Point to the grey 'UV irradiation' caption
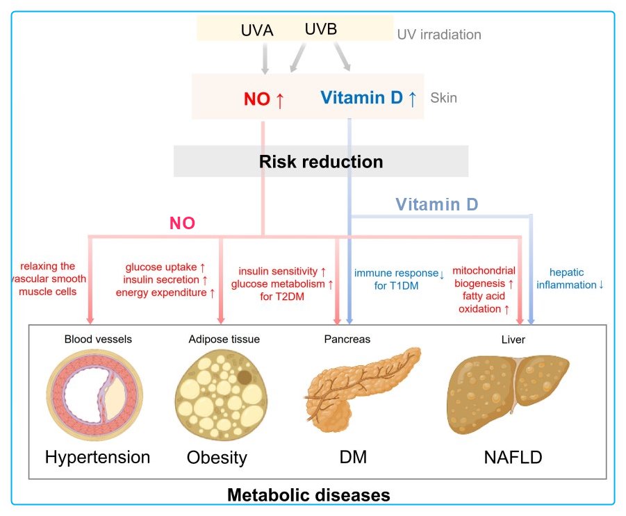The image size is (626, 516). (x=438, y=34)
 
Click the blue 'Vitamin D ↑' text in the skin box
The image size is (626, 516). (x=368, y=98)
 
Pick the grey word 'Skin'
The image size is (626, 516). (x=444, y=98)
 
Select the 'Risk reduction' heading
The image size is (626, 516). (x=321, y=162)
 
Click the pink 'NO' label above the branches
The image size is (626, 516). (x=182, y=224)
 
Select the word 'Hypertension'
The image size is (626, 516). (x=97, y=457)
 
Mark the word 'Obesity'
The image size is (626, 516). (x=217, y=458)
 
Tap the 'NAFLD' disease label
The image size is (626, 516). (x=513, y=457)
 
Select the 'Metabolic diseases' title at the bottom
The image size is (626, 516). (x=308, y=495)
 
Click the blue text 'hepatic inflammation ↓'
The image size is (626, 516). (x=576, y=279)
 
